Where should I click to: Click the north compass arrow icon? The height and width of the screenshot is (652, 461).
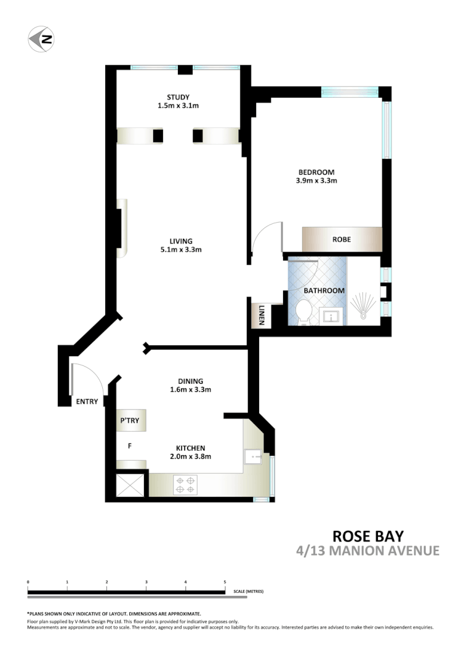coord(41,39)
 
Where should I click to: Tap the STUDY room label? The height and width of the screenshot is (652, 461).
coord(178,97)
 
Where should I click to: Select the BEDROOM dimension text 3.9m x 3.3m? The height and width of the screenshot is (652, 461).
coord(316,181)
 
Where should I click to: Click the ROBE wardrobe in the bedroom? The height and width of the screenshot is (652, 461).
coord(342,239)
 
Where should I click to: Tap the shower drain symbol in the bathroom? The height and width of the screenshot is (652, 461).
coord(363,316)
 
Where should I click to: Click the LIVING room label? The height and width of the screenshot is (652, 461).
coord(182,241)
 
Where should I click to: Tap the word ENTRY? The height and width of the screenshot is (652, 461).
coord(87,402)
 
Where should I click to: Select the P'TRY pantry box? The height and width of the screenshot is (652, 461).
coord(130,421)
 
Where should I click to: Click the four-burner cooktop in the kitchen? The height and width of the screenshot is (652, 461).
coord(185,484)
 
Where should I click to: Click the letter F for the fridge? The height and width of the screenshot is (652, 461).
coord(129,446)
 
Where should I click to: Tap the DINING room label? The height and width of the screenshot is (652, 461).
coord(190,381)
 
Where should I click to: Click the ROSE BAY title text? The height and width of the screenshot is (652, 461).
coord(368,536)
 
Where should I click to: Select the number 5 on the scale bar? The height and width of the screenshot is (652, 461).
coord(225,581)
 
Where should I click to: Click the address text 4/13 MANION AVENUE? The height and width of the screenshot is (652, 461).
coord(368,551)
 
